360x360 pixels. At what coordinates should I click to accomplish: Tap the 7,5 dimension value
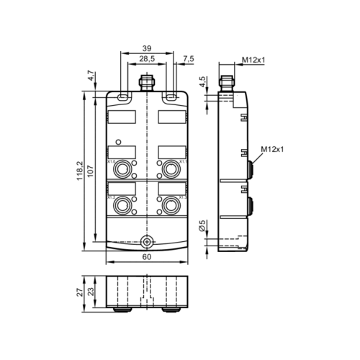pos(189,58)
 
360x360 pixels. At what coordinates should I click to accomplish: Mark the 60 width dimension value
pos(147,258)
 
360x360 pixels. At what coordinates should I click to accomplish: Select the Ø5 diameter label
pos(203,227)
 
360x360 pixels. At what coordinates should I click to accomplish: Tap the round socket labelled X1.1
pos(171,169)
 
